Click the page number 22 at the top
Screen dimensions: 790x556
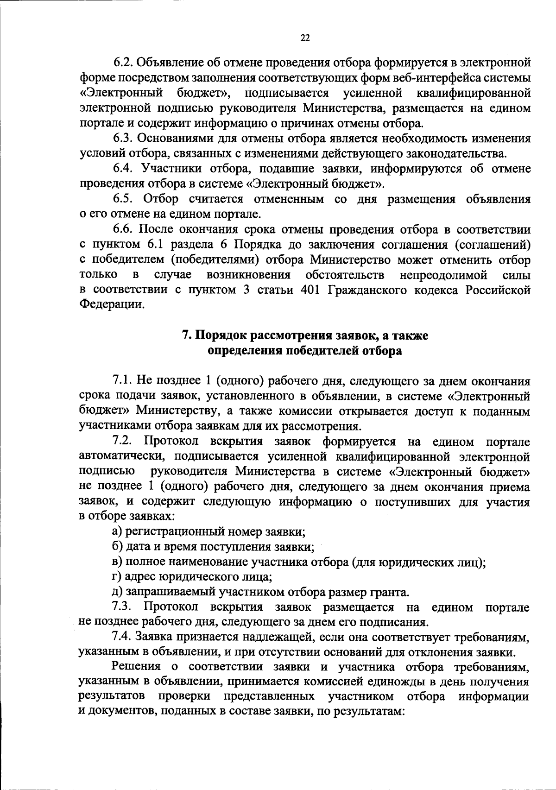305,38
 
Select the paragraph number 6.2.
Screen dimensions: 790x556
123,63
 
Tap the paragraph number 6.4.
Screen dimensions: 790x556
123,169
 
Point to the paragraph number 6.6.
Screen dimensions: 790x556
123,230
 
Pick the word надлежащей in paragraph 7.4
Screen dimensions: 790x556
269,638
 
